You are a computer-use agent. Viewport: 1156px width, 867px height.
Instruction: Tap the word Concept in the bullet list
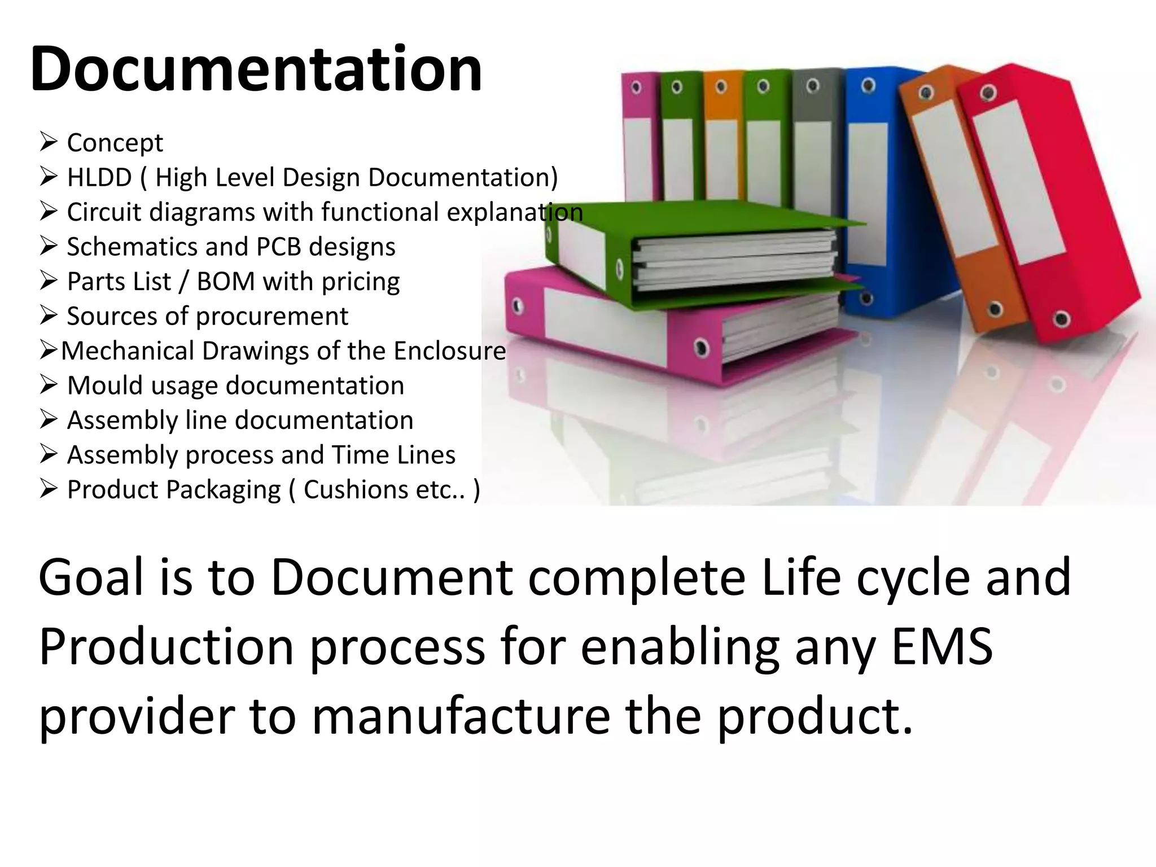(115, 143)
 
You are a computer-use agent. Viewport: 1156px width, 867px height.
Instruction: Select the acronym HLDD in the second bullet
(99, 177)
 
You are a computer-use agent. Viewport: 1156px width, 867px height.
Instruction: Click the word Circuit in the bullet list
(104, 212)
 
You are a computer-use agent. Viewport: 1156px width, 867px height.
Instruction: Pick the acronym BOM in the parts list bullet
(226, 282)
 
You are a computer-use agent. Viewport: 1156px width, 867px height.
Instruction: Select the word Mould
(106, 386)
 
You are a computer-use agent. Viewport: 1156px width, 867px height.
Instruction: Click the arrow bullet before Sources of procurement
(49, 316)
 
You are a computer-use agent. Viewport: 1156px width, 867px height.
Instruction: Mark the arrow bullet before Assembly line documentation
(49, 419)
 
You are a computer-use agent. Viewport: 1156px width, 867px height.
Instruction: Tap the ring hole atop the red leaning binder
(988, 93)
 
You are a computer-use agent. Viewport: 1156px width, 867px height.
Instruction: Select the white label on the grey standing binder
(813, 169)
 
